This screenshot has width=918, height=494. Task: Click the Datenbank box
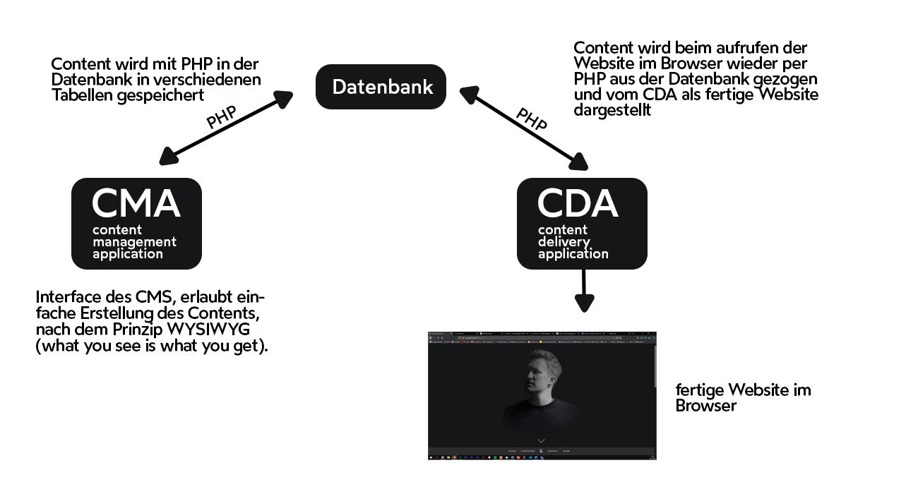[381, 87]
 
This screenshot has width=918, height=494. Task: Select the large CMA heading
[136, 203]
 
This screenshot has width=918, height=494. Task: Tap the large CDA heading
[577, 203]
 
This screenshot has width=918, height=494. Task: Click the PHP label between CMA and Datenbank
[221, 117]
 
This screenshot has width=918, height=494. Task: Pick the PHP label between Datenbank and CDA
[531, 119]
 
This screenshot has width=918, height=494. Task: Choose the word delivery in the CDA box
[564, 242]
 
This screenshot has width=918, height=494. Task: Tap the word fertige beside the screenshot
[701, 390]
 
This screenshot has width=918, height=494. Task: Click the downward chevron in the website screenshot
[542, 440]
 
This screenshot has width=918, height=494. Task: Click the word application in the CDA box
[573, 254]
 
